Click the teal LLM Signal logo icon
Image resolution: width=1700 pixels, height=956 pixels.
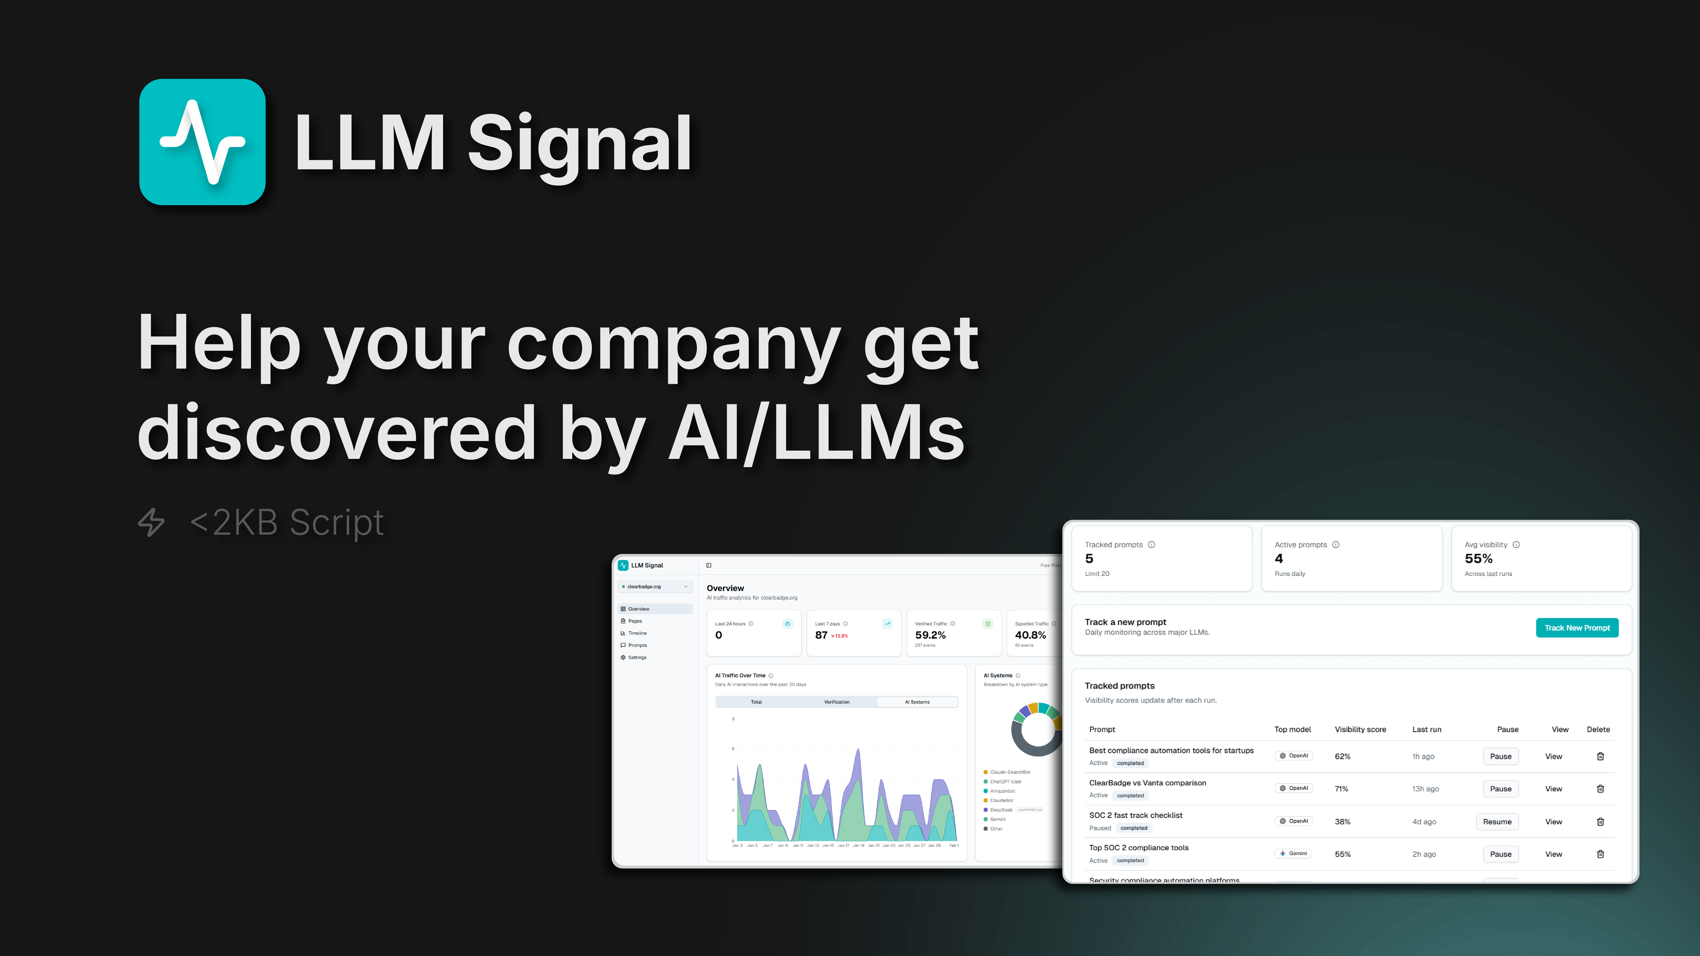[202, 142]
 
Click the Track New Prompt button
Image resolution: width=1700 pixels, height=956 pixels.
[1577, 627]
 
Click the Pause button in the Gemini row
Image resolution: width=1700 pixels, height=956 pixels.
[1500, 854]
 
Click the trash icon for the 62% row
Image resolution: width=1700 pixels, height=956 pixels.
[1600, 756]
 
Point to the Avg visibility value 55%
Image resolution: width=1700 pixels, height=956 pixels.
[1478, 559]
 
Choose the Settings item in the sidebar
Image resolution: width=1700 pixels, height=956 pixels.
[637, 657]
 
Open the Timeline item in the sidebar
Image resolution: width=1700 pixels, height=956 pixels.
[637, 633]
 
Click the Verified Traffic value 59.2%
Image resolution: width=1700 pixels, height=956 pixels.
[930, 635]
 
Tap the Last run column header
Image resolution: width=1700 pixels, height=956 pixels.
[1426, 729]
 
